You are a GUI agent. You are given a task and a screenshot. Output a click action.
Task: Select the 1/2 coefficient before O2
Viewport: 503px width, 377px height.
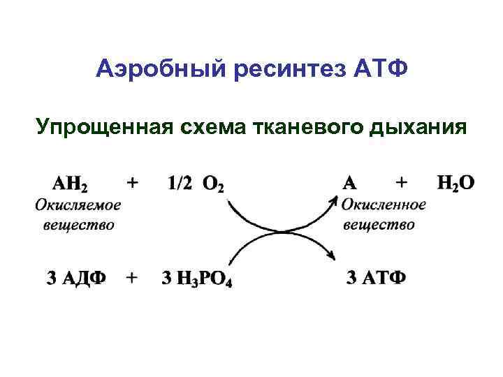pyautogui.click(x=181, y=183)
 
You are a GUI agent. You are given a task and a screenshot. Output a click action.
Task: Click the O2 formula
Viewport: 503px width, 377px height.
pyautogui.click(x=214, y=184)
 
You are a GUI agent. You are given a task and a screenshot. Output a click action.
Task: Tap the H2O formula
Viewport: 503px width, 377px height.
pyautogui.click(x=455, y=183)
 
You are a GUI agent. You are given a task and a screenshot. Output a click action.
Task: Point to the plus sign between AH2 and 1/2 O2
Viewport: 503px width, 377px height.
pyautogui.click(x=131, y=182)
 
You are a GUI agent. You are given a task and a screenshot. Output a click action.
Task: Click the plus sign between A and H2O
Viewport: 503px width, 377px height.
pyautogui.click(x=402, y=182)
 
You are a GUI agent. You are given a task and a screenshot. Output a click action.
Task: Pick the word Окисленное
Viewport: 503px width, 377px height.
pyautogui.click(x=384, y=205)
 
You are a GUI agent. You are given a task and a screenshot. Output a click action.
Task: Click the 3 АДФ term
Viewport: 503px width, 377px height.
pyautogui.click(x=77, y=277)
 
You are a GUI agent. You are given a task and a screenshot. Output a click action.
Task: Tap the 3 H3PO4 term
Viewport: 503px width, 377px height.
pyautogui.click(x=197, y=278)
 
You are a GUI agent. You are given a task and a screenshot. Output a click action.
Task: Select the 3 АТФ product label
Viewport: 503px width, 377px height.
pyautogui.click(x=376, y=277)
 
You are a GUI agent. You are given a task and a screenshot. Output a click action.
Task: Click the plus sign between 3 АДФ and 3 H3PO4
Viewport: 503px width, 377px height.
pyautogui.click(x=131, y=277)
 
